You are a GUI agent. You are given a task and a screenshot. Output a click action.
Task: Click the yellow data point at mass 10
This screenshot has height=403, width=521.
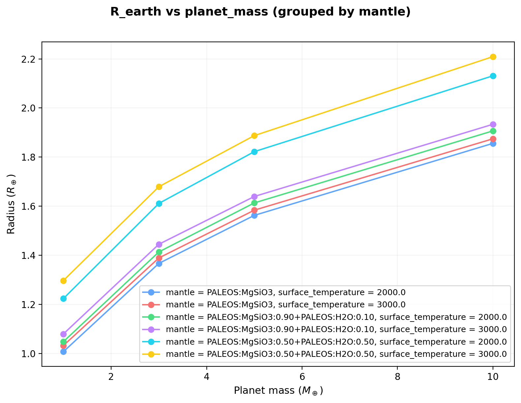point(493,57)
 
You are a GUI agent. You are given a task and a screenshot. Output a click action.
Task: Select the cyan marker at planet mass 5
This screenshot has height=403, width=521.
point(254,152)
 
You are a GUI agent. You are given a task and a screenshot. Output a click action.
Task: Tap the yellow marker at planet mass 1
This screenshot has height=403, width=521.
point(63,281)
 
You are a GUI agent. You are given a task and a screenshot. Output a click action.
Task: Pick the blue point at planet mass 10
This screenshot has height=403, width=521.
point(493,143)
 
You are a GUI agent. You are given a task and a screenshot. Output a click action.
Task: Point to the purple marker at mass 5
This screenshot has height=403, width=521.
point(254,197)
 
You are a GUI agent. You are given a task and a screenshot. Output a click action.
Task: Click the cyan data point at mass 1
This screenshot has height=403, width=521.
point(63,298)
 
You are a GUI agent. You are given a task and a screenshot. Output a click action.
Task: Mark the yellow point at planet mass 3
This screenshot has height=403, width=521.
point(159,187)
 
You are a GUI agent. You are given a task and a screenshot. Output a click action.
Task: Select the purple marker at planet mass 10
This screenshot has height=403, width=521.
point(493,124)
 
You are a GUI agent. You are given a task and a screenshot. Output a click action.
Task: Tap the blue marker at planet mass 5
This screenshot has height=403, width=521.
point(254,215)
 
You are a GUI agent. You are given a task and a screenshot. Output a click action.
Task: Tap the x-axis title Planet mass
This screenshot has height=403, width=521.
point(278,391)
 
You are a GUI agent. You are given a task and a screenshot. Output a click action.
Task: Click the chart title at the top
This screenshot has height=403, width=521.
point(260,12)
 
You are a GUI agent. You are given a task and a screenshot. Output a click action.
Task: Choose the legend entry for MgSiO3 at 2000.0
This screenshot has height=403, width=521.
point(286,292)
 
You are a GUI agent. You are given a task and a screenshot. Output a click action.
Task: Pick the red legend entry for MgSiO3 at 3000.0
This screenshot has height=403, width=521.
point(286,304)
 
